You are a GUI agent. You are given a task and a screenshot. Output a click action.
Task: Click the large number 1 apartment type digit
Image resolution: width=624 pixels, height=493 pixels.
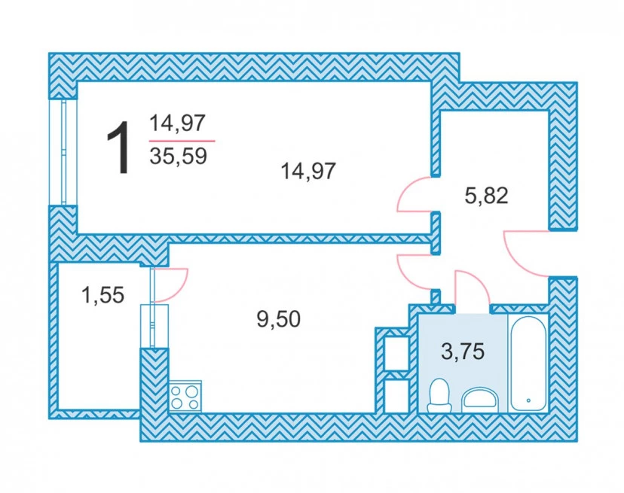tap(119, 148)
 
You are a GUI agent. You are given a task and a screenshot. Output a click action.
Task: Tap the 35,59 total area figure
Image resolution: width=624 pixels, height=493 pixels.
tap(179, 157)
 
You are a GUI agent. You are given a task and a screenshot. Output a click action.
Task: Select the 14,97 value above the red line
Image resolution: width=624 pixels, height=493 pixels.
tap(177, 123)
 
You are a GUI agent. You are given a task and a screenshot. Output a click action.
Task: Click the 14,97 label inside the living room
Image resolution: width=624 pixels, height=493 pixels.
tap(308, 172)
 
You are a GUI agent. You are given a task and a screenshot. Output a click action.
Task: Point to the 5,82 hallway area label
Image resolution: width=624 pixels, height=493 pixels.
tap(486, 196)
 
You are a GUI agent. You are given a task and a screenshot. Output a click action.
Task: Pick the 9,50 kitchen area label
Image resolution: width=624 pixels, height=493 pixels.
tap(279, 319)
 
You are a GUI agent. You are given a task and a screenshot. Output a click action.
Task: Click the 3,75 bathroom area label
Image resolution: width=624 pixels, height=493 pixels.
tap(463, 351)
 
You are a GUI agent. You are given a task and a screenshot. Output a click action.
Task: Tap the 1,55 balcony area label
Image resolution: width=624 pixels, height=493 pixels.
tap(102, 295)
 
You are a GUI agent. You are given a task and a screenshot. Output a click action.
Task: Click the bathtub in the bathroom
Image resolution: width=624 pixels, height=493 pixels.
tap(528, 364)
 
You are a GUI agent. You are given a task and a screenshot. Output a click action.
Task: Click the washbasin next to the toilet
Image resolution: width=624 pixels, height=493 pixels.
tap(479, 400)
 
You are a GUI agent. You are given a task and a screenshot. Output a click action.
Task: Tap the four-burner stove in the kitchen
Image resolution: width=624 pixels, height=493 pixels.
tap(185, 397)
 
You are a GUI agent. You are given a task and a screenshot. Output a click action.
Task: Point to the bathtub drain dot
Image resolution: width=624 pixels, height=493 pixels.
tap(528, 400)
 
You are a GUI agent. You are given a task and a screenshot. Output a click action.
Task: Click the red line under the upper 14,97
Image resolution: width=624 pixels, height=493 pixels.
tap(182, 141)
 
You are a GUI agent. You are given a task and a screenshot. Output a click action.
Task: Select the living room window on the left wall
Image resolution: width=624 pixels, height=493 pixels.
tap(63, 152)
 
